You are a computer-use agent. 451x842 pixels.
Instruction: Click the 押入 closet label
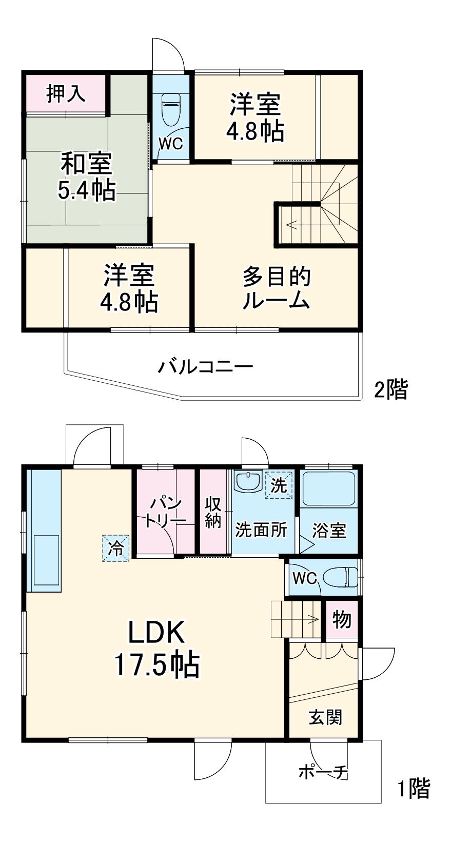[66, 93]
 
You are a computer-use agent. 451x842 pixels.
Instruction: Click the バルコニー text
[205, 367]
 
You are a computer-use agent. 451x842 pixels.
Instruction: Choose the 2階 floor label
[391, 389]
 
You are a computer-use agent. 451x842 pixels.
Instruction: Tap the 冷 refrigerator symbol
[116, 548]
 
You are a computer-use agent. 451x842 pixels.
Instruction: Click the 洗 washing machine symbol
[279, 485]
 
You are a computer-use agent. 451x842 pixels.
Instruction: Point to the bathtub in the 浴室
[328, 489]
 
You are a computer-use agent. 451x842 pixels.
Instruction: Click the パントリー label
[165, 511]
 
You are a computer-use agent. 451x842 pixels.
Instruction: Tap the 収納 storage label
[213, 512]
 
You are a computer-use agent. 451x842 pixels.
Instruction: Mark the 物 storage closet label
[341, 620]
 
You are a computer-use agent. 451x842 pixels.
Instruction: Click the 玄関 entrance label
[325, 717]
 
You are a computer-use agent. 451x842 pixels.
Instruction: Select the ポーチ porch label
[323, 772]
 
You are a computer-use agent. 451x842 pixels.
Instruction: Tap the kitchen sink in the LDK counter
[47, 560]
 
